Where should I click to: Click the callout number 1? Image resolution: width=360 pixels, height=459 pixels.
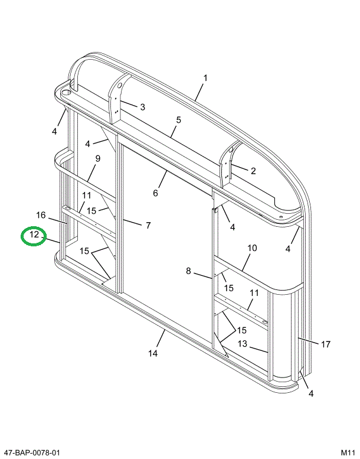tap(206, 78)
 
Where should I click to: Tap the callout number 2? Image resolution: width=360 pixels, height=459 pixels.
tap(253, 171)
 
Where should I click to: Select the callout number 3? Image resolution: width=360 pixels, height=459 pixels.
tap(142, 107)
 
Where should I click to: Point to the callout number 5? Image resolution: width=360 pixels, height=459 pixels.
tap(178, 120)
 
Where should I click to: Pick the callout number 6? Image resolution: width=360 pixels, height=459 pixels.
tap(156, 193)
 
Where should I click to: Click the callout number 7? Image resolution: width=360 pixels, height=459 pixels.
tap(148, 225)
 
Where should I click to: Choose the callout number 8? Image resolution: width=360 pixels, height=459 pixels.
tap(189, 271)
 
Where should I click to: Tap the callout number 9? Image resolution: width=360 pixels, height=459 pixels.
tap(98, 158)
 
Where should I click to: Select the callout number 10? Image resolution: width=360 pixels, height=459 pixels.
tap(252, 248)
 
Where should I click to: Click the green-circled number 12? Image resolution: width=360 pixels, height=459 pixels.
tap(34, 235)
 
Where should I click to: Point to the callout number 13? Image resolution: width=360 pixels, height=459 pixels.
tap(243, 344)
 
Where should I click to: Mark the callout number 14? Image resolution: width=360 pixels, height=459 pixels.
tap(153, 353)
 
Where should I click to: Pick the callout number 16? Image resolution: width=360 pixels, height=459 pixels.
tap(41, 214)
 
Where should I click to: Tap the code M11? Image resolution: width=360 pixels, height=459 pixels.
tap(346, 453)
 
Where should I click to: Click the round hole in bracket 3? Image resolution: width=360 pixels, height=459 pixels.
tap(119, 86)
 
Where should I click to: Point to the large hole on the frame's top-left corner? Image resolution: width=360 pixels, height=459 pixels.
tap(66, 92)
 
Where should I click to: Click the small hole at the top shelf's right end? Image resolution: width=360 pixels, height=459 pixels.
tap(282, 217)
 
